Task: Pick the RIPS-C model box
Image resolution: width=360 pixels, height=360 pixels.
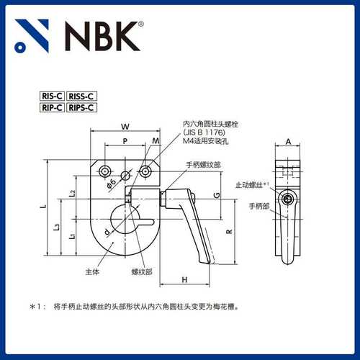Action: pyautogui.click(x=83, y=108)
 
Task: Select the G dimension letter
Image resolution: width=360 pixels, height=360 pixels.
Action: pyautogui.click(x=216, y=196)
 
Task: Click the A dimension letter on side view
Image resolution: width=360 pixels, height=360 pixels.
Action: pyautogui.click(x=288, y=142)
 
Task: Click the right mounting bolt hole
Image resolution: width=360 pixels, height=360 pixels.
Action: pyautogui.click(x=147, y=171)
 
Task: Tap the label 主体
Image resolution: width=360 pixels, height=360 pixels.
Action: pyautogui.click(x=91, y=271)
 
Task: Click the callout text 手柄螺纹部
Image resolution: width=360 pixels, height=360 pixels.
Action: pyautogui.click(x=203, y=164)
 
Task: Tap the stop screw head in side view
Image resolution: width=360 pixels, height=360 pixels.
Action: pyautogui.click(x=289, y=199)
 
